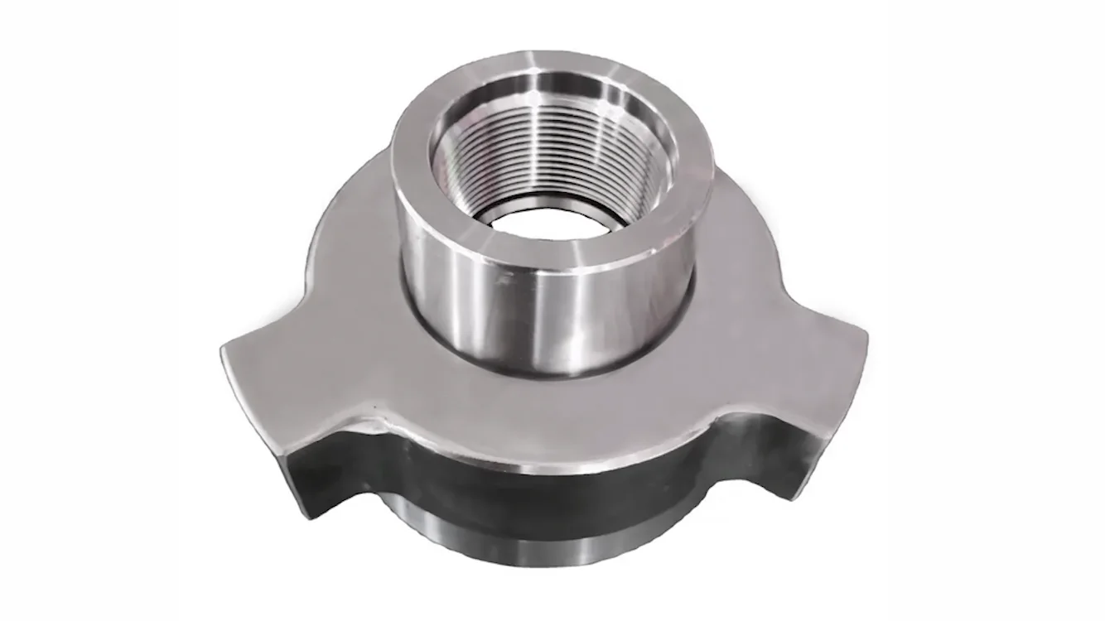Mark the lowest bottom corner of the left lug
pyautogui.click(x=308, y=517)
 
